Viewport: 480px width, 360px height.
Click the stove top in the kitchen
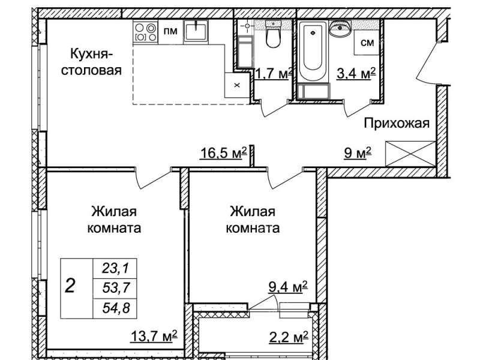click(145, 32)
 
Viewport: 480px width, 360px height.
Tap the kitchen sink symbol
click(196, 31)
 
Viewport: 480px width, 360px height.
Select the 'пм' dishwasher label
click(170, 31)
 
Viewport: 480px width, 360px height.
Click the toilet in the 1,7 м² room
click(273, 34)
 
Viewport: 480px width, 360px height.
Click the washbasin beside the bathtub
click(340, 27)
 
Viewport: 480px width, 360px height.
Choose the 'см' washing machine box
click(367, 42)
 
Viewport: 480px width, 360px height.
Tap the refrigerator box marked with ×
click(237, 85)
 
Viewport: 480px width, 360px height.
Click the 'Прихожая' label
click(397, 124)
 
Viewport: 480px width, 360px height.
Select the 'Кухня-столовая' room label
click(91, 62)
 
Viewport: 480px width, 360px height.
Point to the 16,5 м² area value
click(223, 153)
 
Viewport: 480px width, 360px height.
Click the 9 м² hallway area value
click(358, 152)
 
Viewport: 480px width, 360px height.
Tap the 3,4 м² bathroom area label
click(356, 73)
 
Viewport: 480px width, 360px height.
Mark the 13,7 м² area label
click(154, 336)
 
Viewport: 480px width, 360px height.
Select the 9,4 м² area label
click(288, 287)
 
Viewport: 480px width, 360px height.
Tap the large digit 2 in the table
click(70, 287)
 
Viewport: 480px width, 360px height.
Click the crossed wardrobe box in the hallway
click(410, 154)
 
